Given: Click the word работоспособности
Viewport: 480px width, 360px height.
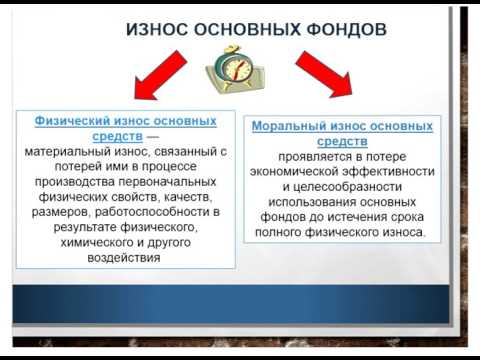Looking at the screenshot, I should coord(141,212).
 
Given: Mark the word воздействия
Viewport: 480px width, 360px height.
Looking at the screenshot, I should coord(125,257).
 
